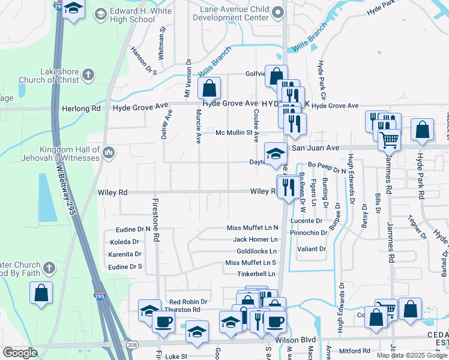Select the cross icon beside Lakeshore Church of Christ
[x=88, y=75]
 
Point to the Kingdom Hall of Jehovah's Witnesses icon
[x=109, y=153]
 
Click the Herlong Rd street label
[x=81, y=109]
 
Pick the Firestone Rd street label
[x=155, y=220]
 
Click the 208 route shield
[x=131, y=344]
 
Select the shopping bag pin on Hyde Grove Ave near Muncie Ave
[x=209, y=89]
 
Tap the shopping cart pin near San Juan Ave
[x=390, y=140]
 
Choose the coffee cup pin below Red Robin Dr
[x=163, y=322]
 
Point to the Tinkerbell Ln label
[x=256, y=274]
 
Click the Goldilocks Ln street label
[x=256, y=251]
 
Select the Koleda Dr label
[x=124, y=242]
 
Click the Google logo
[x=20, y=353]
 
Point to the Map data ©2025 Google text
[x=412, y=355]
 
